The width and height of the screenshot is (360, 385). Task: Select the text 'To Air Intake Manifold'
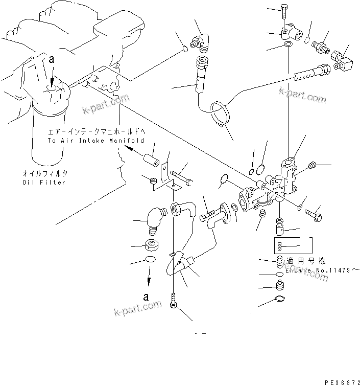coord(96,140)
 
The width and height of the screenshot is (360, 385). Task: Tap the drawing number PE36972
coord(340,381)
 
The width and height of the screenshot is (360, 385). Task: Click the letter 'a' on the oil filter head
coord(51,60)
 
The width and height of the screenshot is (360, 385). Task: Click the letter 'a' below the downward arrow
coord(146,297)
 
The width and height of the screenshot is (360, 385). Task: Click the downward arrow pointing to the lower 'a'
coord(149,278)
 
